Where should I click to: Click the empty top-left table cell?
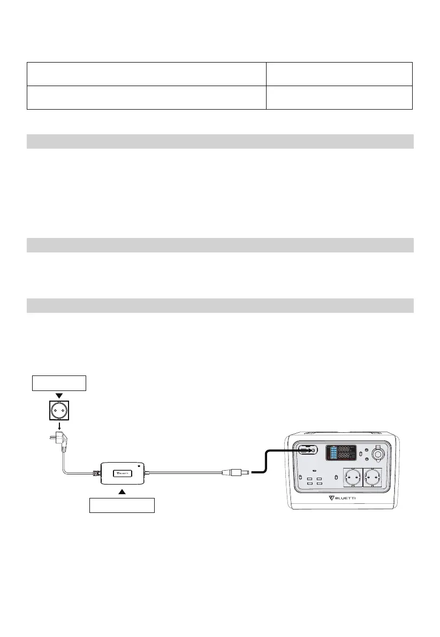tap(147, 74)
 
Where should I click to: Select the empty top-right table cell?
tap(339, 74)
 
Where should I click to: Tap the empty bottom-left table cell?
tap(147, 97)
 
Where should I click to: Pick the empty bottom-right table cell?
tap(339, 97)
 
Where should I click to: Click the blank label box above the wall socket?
tap(58, 383)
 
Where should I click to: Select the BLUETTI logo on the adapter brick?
tap(123, 473)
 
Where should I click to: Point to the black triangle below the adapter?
tap(123, 490)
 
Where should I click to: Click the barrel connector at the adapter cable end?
tap(236, 473)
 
